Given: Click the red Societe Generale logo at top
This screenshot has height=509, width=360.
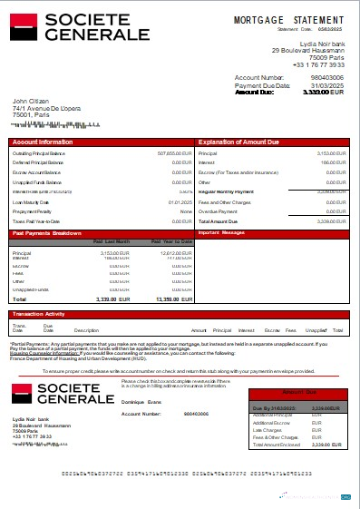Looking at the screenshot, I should (x=80, y=27).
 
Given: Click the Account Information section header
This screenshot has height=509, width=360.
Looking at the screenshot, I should (x=44, y=143).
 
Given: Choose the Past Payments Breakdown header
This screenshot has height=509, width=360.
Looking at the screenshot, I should (x=53, y=233).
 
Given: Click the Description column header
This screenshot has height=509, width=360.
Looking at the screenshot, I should (x=86, y=330).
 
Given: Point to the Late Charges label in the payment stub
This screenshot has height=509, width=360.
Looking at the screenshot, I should (x=271, y=429).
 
